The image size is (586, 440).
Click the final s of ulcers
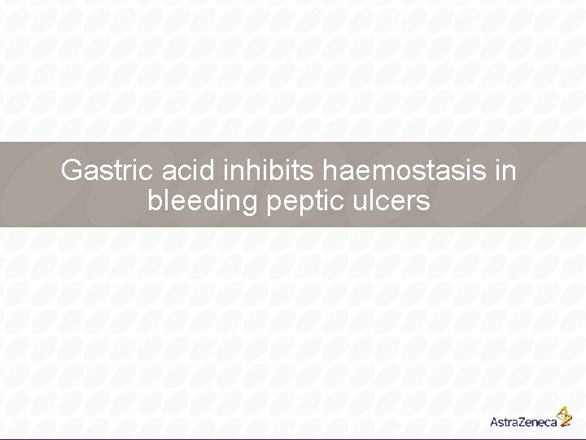point(423,202)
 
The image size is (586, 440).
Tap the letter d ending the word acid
point(212,171)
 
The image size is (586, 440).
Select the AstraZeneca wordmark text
point(523,422)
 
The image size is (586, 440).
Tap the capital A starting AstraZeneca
point(495,422)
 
